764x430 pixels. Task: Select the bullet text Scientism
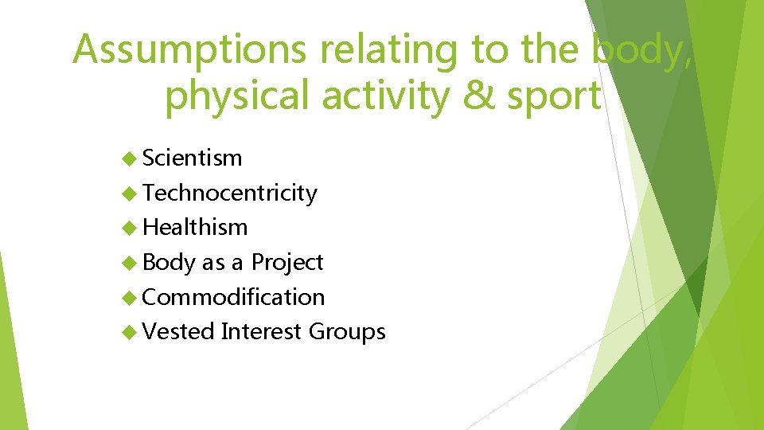coord(192,158)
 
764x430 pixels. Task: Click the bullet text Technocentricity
coord(229,193)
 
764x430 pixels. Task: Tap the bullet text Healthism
coord(195,227)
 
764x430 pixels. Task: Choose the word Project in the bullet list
coord(287,262)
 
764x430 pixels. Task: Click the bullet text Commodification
coord(233,297)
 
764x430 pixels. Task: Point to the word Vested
coord(178,331)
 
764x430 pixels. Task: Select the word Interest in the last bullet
coord(261,331)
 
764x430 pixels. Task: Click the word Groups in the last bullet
coord(347,331)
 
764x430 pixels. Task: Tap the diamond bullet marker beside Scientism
coord(131,158)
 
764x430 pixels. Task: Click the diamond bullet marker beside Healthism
coord(131,228)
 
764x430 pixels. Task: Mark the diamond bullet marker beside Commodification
coord(131,297)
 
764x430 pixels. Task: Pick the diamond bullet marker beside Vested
coord(131,332)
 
